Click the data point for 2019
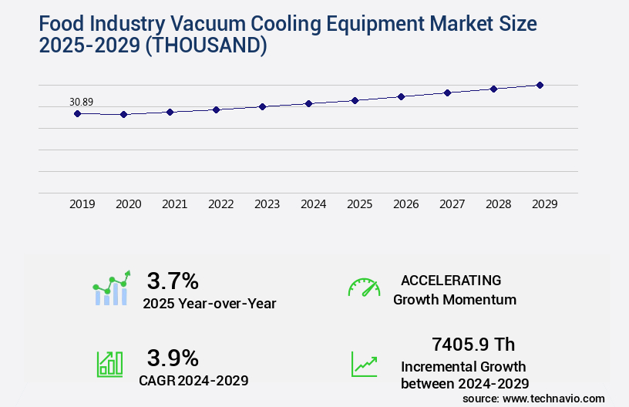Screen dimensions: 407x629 [77, 113]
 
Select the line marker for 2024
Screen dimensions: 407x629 [308, 103]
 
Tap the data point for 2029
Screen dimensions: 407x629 [540, 85]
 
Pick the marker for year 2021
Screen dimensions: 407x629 [170, 112]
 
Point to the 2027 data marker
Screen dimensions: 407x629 [447, 92]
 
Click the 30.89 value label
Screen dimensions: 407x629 [81, 102]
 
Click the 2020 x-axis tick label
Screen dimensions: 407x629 [129, 204]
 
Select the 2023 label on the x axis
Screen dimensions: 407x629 [267, 204]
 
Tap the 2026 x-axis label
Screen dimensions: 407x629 [406, 204]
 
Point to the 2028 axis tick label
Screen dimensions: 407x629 [499, 204]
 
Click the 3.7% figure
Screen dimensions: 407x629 [173, 280]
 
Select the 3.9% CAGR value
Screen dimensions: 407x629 [173, 358]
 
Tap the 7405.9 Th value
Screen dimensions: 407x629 [473, 344]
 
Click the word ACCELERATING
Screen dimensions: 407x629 [451, 280]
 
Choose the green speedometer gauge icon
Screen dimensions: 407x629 [364, 288]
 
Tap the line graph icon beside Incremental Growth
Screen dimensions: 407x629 [364, 364]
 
